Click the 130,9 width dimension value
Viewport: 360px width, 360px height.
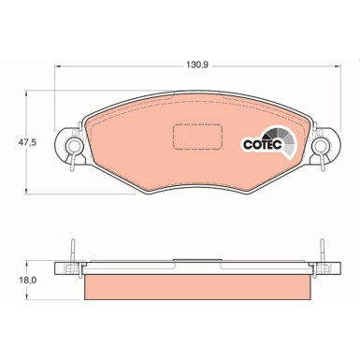click(194, 67)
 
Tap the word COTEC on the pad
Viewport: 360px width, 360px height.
click(259, 145)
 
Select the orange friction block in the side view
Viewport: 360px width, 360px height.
click(195, 287)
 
